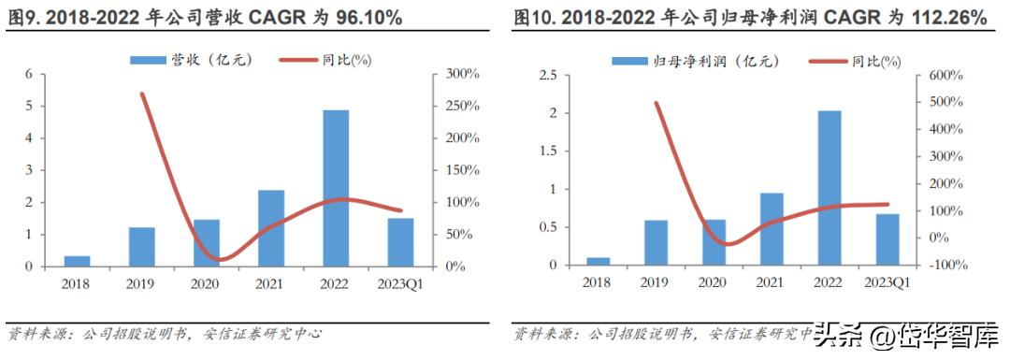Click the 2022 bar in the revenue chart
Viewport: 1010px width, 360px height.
click(x=336, y=188)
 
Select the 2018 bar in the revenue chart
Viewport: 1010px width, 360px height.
click(x=78, y=261)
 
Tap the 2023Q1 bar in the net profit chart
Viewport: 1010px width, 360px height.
click(x=887, y=239)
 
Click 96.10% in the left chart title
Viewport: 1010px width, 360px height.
click(x=359, y=18)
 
